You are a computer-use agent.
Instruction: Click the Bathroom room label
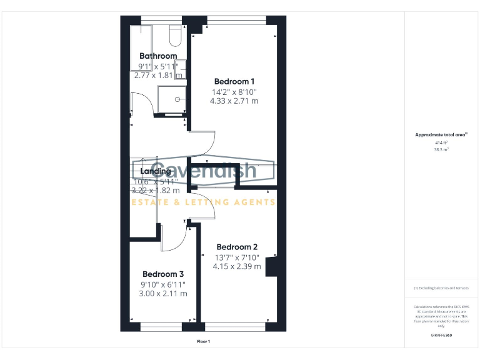pyautogui.click(x=158, y=56)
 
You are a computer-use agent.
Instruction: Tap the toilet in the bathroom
pyautogui.click(x=175, y=36)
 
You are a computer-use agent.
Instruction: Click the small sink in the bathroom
pyautogui.click(x=181, y=69)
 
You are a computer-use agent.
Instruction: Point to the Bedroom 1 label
pyautogui.click(x=234, y=81)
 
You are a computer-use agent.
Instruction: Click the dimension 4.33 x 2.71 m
pyautogui.click(x=234, y=100)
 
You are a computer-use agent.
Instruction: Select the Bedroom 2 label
pyautogui.click(x=237, y=247)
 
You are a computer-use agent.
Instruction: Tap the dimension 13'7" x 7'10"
pyautogui.click(x=237, y=257)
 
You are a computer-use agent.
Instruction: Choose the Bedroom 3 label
pyautogui.click(x=163, y=274)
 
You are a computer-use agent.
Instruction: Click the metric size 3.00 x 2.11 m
pyautogui.click(x=163, y=293)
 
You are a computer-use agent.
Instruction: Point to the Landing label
pyautogui.click(x=156, y=171)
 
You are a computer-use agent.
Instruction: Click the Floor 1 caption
pyautogui.click(x=203, y=341)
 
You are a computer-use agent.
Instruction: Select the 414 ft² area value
pyautogui.click(x=441, y=142)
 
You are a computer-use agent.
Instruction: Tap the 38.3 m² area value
pyautogui.click(x=441, y=150)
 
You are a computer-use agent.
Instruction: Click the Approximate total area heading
pyautogui.click(x=441, y=134)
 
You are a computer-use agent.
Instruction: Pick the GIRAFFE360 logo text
pyautogui.click(x=441, y=336)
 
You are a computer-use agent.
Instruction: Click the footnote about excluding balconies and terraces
pyautogui.click(x=441, y=288)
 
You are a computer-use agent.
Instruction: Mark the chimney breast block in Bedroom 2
pyautogui.click(x=271, y=266)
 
